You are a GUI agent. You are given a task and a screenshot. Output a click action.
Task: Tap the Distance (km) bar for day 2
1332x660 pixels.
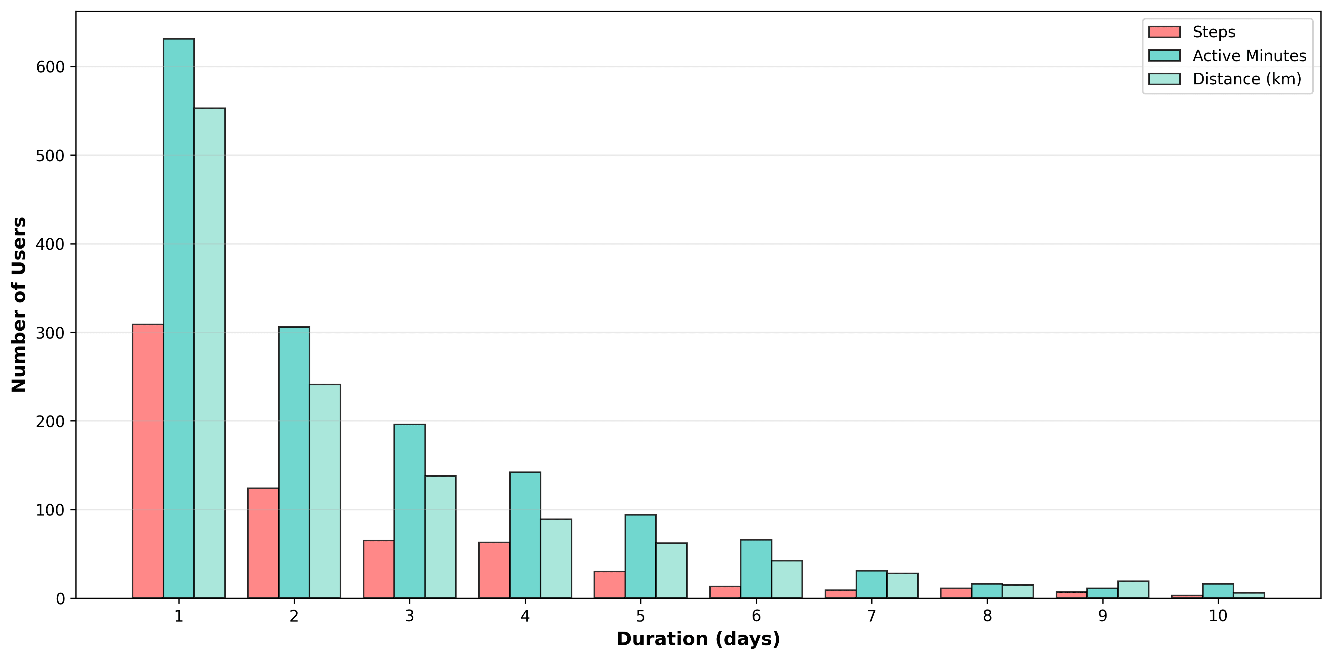tap(325, 491)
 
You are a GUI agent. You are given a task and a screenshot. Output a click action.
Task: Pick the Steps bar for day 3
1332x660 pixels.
tap(379, 569)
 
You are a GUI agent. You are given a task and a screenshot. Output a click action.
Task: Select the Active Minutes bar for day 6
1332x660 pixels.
tap(756, 569)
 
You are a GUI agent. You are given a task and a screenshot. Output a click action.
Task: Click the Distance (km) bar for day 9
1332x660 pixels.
tap(1133, 590)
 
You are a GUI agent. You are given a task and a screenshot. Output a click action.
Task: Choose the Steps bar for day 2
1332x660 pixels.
tap(263, 543)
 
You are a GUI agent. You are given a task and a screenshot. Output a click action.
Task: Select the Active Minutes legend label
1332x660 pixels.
tap(1249, 56)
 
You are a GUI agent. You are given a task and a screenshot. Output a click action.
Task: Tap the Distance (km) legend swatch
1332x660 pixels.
tap(1164, 79)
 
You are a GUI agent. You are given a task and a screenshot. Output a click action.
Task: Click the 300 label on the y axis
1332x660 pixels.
tap(50, 333)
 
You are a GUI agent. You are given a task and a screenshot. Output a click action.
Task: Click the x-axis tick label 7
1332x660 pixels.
tap(871, 616)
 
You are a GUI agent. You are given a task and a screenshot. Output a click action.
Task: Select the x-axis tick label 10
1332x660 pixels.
tap(1218, 616)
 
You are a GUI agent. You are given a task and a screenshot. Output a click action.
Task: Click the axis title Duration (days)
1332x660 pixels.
tap(698, 639)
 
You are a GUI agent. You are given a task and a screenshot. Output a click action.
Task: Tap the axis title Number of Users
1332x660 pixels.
tap(19, 305)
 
